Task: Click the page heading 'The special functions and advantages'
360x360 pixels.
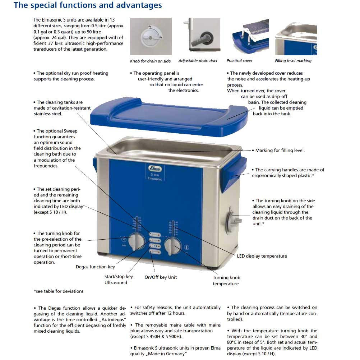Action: pyautogui.click(x=88, y=5)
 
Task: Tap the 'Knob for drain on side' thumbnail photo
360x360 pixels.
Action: pyautogui.click(x=151, y=36)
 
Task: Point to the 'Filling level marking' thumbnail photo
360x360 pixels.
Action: pyautogui.click(x=296, y=36)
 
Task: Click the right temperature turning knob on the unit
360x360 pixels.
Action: pyautogui.click(x=173, y=246)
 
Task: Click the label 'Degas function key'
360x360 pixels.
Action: pyautogui.click(x=95, y=267)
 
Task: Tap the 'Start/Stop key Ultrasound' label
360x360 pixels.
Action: pyautogui.click(x=119, y=280)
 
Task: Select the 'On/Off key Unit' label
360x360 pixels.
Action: pyautogui.click(x=161, y=277)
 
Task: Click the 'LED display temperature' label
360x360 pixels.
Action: pyautogui.click(x=262, y=256)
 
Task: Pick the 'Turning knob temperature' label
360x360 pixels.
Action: pyautogui.click(x=226, y=281)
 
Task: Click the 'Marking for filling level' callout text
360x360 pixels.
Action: pyautogui.click(x=280, y=151)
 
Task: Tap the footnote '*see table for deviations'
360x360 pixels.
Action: pyautogui.click(x=59, y=291)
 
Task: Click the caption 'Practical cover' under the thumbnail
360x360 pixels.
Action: pyautogui.click(x=239, y=61)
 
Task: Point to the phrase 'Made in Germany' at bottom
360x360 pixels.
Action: pyautogui.click(x=169, y=354)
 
